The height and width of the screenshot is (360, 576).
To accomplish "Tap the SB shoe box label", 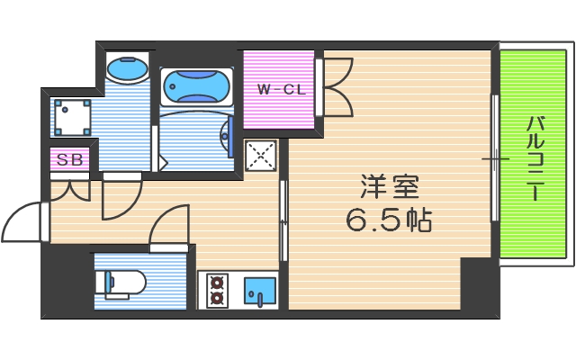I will pos(69,161).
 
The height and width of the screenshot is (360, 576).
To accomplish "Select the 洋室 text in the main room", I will pos(391,188).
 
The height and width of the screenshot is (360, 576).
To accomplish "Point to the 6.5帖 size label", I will pos(389,220).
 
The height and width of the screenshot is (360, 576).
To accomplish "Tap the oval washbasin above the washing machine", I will pos(127,68).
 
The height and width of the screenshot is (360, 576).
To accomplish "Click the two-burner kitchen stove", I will pos(216,291).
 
